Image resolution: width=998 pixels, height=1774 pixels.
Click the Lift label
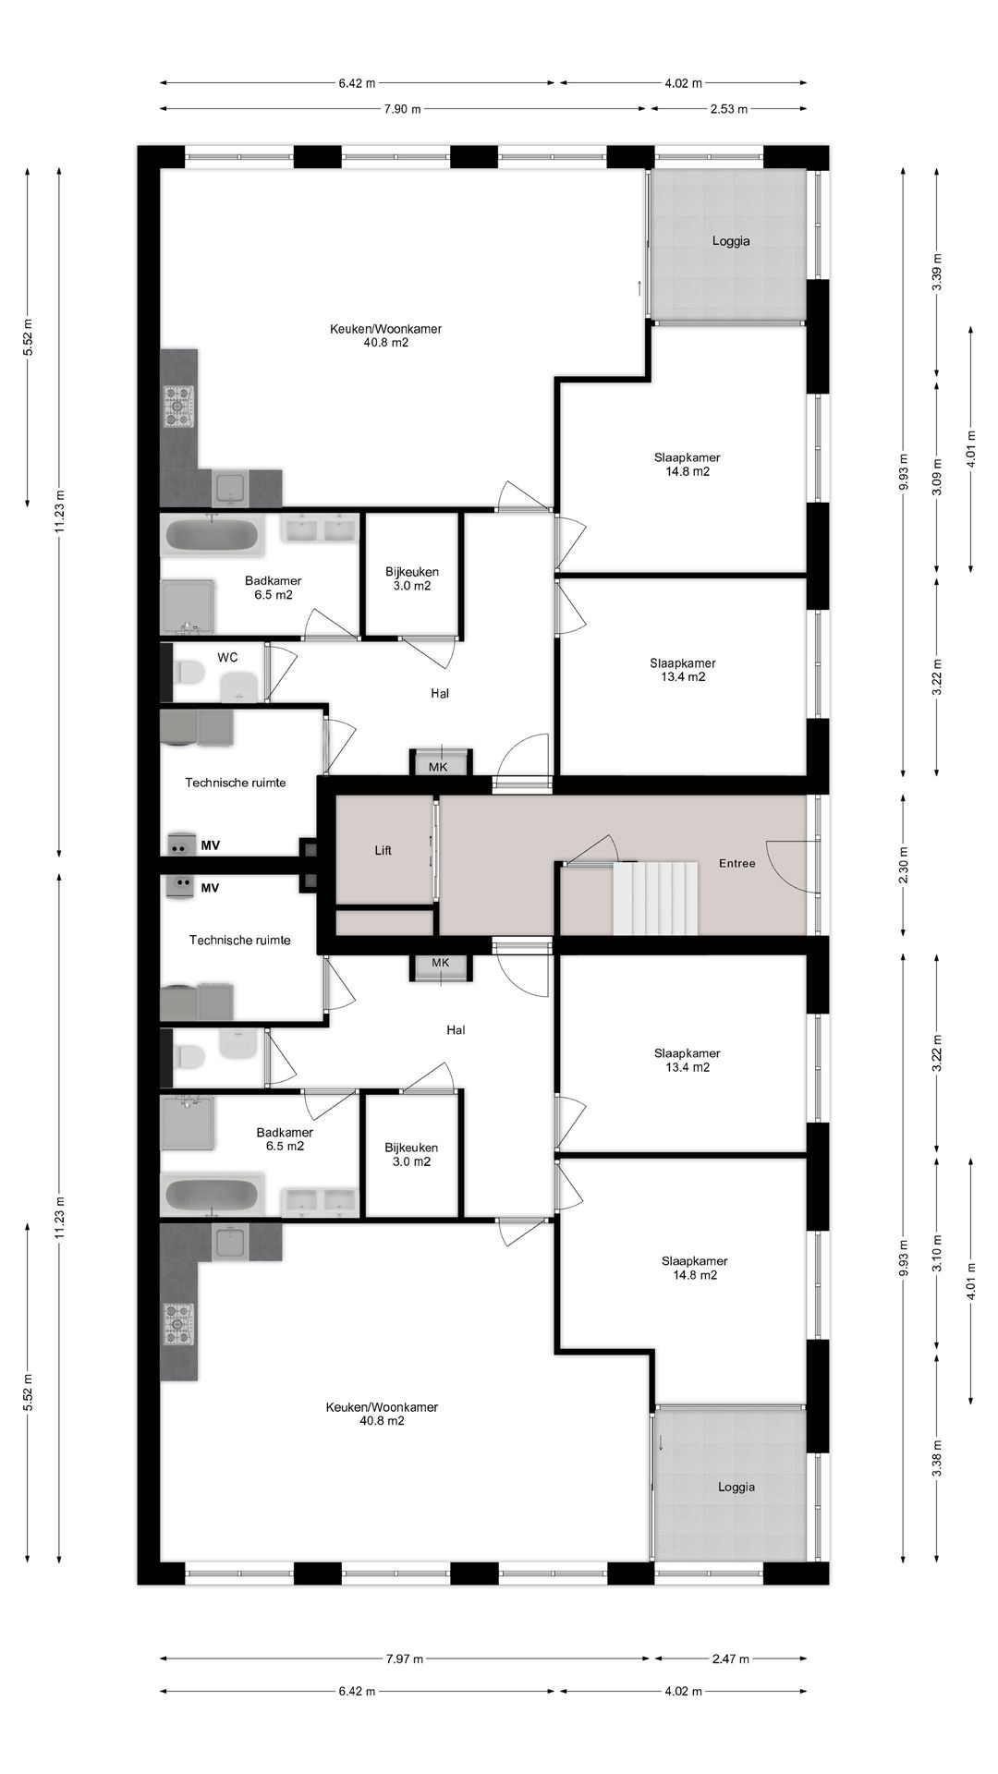point(383,850)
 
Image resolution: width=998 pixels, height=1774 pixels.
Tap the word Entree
point(737,863)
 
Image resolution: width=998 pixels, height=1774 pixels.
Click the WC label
point(227,657)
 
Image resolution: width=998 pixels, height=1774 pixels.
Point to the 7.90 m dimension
point(403,109)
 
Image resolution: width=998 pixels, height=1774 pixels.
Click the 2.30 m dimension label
point(904,865)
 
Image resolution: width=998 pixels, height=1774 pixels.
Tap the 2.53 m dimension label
point(729,109)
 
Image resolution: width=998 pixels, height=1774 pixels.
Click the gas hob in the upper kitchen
point(178,407)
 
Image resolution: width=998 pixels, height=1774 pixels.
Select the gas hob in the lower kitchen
point(178,1323)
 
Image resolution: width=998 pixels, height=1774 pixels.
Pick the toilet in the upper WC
point(189,672)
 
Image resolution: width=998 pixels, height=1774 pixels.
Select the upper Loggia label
point(731,240)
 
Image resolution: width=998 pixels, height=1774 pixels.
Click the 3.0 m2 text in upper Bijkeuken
point(412,586)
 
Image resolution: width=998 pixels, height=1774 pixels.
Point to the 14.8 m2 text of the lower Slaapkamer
point(695,1275)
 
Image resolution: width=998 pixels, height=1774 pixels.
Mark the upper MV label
point(210,844)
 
